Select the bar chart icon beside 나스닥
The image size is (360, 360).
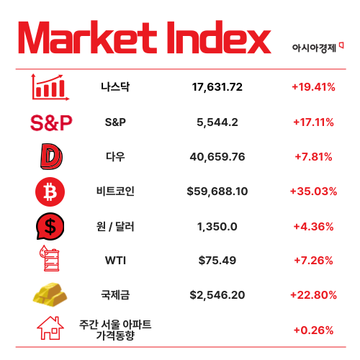49,87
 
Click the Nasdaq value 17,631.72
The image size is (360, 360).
217,87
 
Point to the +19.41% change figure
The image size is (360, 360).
313,87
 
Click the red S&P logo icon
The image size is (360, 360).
51,122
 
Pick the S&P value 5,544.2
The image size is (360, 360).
217,122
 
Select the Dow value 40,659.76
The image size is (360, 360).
217,156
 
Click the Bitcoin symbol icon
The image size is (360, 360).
50,192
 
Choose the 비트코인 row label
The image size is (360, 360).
115,192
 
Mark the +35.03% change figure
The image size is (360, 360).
313,192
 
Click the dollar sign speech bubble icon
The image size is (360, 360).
50,227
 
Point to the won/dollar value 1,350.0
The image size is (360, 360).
217,226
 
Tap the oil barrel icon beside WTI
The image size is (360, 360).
50,261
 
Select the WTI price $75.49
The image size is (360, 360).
217,261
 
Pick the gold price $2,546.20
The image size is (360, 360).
217,295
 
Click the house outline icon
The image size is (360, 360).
50,329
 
